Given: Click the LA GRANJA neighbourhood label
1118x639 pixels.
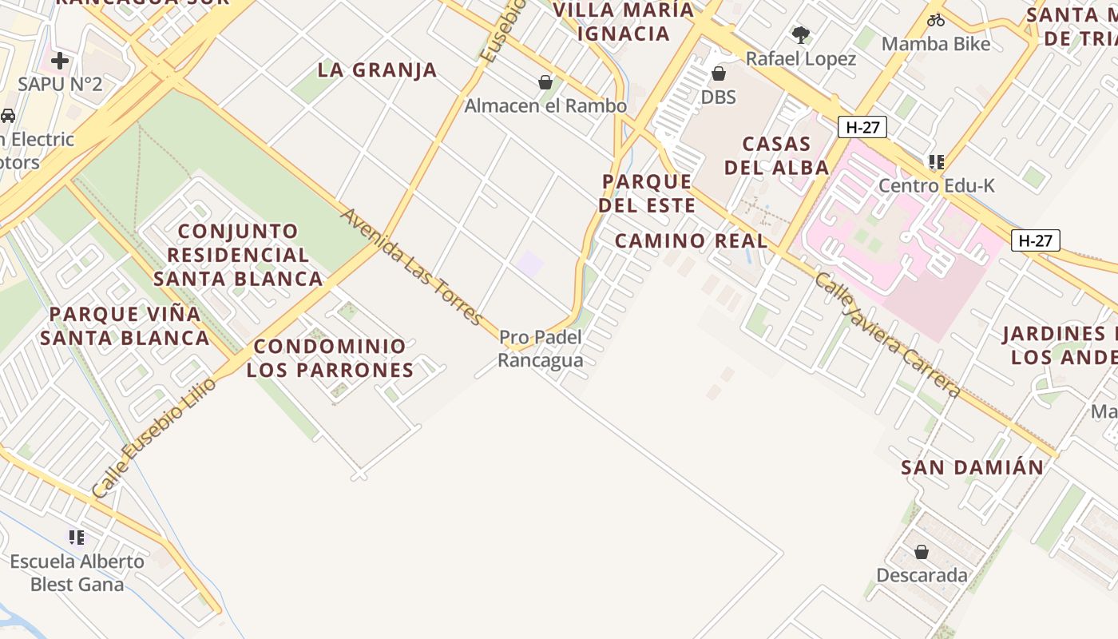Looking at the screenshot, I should [x=377, y=70].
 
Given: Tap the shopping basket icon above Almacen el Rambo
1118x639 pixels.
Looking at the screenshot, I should [x=545, y=82].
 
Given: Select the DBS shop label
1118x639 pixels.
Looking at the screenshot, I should [x=718, y=97].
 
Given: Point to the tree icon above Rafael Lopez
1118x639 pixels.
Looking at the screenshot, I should [x=800, y=34].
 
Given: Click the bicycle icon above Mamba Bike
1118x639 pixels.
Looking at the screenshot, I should [x=936, y=21].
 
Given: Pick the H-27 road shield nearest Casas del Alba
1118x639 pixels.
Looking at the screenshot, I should [x=862, y=127].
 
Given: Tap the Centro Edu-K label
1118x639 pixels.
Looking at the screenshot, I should [x=937, y=185].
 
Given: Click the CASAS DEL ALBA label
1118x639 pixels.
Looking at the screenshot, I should [x=776, y=156].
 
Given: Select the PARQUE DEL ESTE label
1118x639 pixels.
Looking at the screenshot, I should [x=647, y=193].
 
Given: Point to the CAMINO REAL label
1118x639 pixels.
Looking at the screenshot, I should [x=691, y=240].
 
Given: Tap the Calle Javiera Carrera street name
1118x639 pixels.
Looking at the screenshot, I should [x=887, y=335].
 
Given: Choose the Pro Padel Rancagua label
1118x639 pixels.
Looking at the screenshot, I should [x=541, y=349].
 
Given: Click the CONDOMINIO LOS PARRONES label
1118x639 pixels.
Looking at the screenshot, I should [x=330, y=358].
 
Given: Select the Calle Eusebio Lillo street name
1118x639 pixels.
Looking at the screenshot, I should [x=154, y=439].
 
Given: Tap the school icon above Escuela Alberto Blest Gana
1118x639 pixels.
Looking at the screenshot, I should [x=77, y=538].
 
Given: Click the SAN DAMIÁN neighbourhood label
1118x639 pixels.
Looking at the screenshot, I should [x=972, y=467].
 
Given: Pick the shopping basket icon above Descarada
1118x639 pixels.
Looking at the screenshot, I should [x=922, y=552].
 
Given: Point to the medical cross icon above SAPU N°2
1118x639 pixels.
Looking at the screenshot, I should [x=60, y=60].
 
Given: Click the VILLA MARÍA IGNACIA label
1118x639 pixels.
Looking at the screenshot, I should [x=624, y=22].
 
